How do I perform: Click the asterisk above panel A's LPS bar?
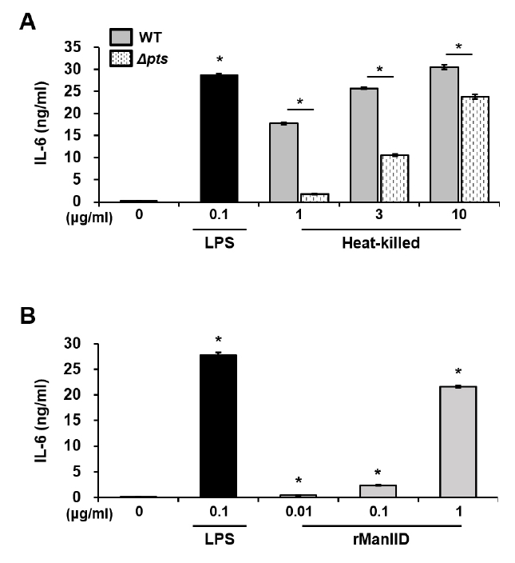pyautogui.click(x=220, y=60)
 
